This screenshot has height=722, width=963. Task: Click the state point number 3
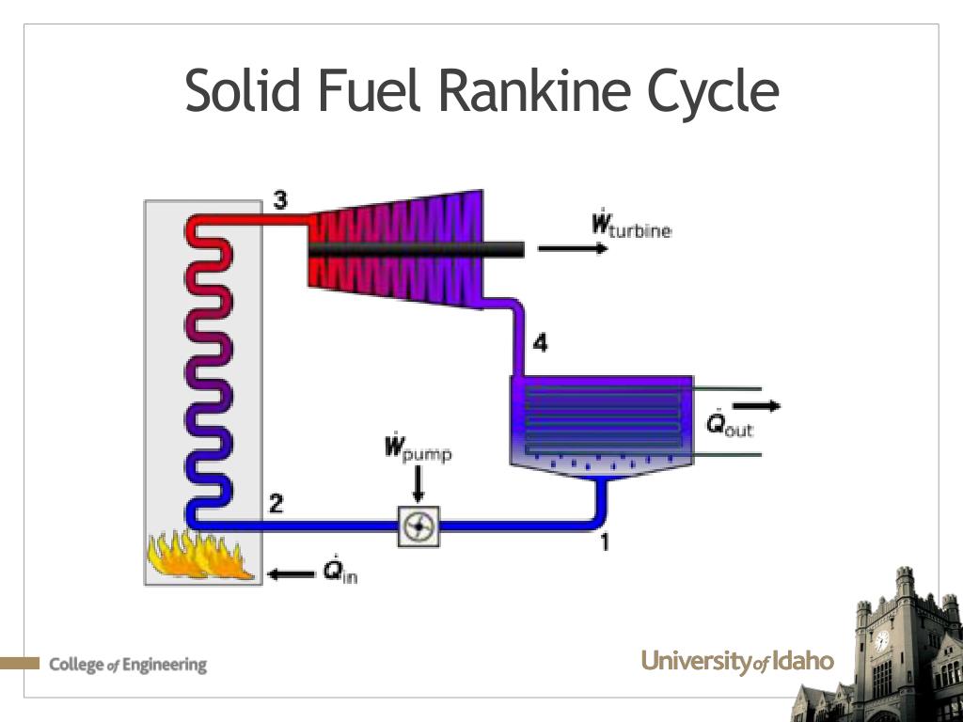tap(280, 199)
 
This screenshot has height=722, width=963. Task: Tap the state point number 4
tap(540, 344)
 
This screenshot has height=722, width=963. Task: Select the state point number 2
tap(276, 504)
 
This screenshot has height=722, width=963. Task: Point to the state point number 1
tap(605, 541)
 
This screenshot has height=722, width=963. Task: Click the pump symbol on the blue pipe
tap(417, 527)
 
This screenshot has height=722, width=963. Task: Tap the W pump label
tap(418, 448)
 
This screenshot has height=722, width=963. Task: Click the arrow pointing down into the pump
tap(418, 485)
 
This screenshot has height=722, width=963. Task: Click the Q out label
tap(730, 424)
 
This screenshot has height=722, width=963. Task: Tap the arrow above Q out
tap(756, 405)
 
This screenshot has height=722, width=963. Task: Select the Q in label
tap(339, 571)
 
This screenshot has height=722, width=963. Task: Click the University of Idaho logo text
tap(737, 662)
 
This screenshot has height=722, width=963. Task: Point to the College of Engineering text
tap(128, 665)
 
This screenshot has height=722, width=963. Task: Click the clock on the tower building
tap(881, 641)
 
